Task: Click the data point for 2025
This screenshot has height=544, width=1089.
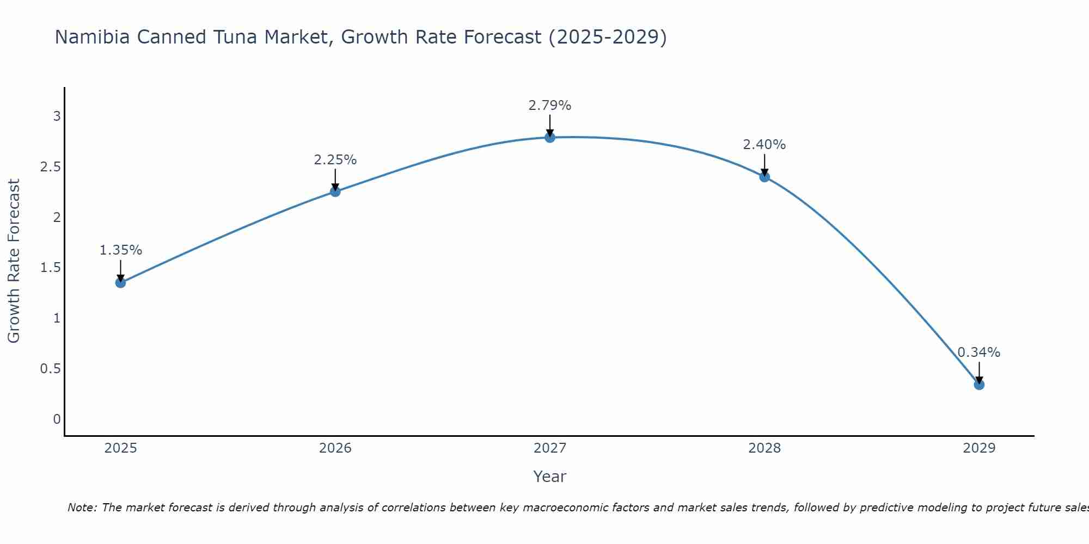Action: coord(120,282)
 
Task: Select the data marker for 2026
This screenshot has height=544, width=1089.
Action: coord(335,191)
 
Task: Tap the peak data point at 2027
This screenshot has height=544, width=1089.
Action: coord(550,137)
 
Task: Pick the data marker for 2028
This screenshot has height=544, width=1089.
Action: coord(764,176)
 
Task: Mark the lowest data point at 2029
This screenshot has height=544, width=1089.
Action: coord(979,385)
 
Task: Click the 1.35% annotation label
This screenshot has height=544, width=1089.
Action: coord(120,250)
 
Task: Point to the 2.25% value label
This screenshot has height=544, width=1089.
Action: coord(335,160)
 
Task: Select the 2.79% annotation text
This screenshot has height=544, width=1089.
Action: coord(550,106)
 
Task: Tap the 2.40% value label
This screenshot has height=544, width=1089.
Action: coord(764,145)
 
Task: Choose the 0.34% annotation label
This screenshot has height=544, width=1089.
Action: coord(979,353)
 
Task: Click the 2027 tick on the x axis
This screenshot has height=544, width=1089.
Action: coord(550,448)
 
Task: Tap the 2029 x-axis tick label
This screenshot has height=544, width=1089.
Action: coord(979,448)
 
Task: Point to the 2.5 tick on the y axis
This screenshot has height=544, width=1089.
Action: coord(50,166)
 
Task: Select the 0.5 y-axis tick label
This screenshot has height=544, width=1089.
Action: coord(50,369)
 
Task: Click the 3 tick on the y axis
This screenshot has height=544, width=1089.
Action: coord(57,116)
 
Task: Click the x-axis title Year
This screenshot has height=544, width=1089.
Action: coord(550,477)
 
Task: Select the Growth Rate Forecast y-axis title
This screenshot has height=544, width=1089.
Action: coord(14,261)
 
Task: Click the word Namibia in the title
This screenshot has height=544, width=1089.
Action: coord(92,37)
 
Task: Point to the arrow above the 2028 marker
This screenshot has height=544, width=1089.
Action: coord(764,164)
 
